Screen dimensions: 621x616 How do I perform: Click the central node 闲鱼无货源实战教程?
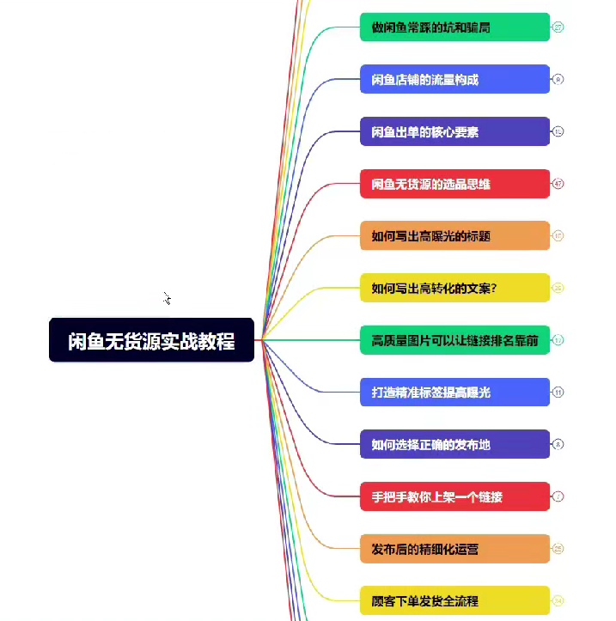(x=151, y=340)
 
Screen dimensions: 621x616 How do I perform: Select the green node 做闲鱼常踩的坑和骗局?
(x=454, y=27)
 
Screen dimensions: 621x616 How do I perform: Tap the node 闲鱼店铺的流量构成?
(x=454, y=80)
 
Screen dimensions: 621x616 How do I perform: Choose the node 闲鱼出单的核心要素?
(x=454, y=131)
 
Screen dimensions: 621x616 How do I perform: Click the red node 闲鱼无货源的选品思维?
(x=454, y=184)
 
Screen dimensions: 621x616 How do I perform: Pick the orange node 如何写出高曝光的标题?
(x=454, y=235)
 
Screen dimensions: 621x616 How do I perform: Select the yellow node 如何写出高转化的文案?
(x=454, y=288)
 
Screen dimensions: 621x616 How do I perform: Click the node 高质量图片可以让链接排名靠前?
(x=454, y=340)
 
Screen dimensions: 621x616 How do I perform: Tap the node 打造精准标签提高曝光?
(x=454, y=393)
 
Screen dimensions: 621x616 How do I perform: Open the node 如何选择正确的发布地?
(x=454, y=444)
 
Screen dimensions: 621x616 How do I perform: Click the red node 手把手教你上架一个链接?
(x=454, y=496)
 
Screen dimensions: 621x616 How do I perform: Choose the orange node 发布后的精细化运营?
(x=454, y=549)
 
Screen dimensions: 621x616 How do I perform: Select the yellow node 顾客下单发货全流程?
(x=454, y=600)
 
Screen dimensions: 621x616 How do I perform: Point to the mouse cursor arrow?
(x=167, y=298)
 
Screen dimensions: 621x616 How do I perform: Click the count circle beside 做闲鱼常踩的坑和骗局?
(x=558, y=27)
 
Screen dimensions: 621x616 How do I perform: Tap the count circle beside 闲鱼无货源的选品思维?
(x=558, y=184)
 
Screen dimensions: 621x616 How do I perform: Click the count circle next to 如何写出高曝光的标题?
(x=558, y=235)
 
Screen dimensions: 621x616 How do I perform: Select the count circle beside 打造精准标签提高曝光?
(x=558, y=393)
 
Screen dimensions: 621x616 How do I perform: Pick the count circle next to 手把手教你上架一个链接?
(x=558, y=496)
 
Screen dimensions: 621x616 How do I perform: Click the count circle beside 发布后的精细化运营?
(x=558, y=549)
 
